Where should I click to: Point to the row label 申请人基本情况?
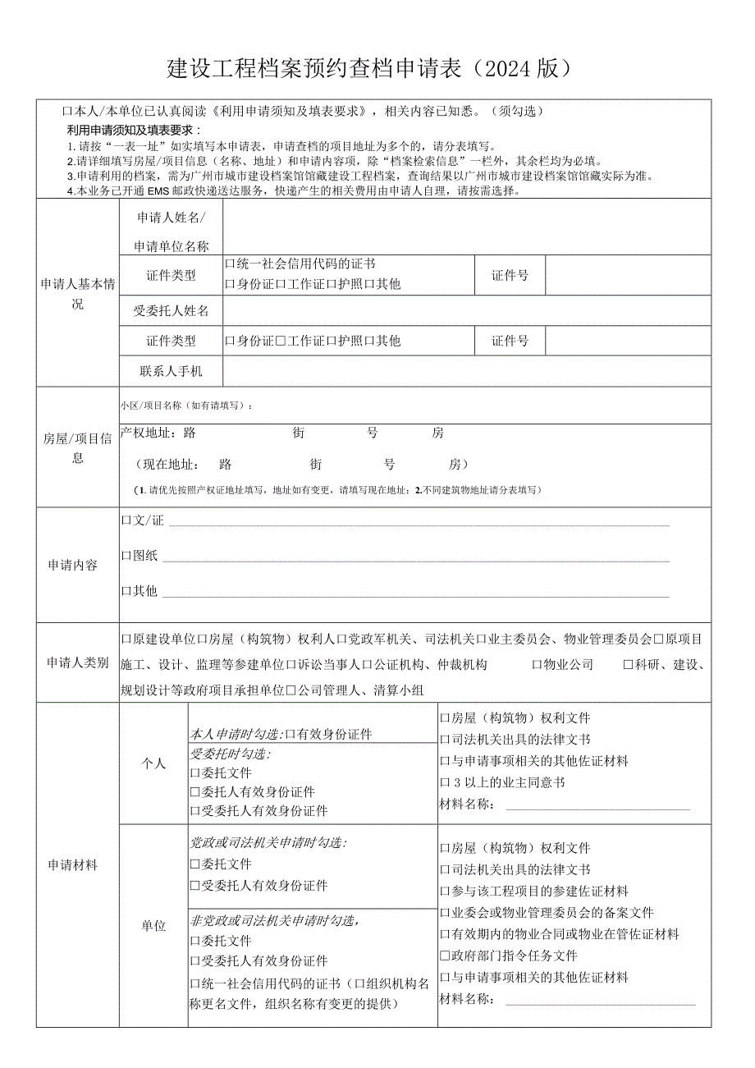(x=78, y=294)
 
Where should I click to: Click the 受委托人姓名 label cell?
(x=171, y=310)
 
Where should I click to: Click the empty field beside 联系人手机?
(x=466, y=371)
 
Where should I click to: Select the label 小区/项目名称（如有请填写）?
(x=186, y=406)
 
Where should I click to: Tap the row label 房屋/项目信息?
(x=78, y=448)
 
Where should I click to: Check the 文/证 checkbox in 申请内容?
(x=126, y=520)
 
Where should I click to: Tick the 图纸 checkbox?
(x=126, y=556)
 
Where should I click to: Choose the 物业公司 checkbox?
(x=538, y=665)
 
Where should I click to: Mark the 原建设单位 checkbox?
(x=126, y=639)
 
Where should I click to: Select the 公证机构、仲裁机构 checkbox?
(x=368, y=665)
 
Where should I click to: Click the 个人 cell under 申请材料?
(x=153, y=763)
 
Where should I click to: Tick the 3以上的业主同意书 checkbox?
(x=445, y=782)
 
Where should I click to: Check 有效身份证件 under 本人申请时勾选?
(x=290, y=734)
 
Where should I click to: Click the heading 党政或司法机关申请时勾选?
(x=268, y=842)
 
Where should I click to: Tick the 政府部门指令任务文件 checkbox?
(x=445, y=956)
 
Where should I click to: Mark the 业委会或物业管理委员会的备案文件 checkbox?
(x=445, y=913)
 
